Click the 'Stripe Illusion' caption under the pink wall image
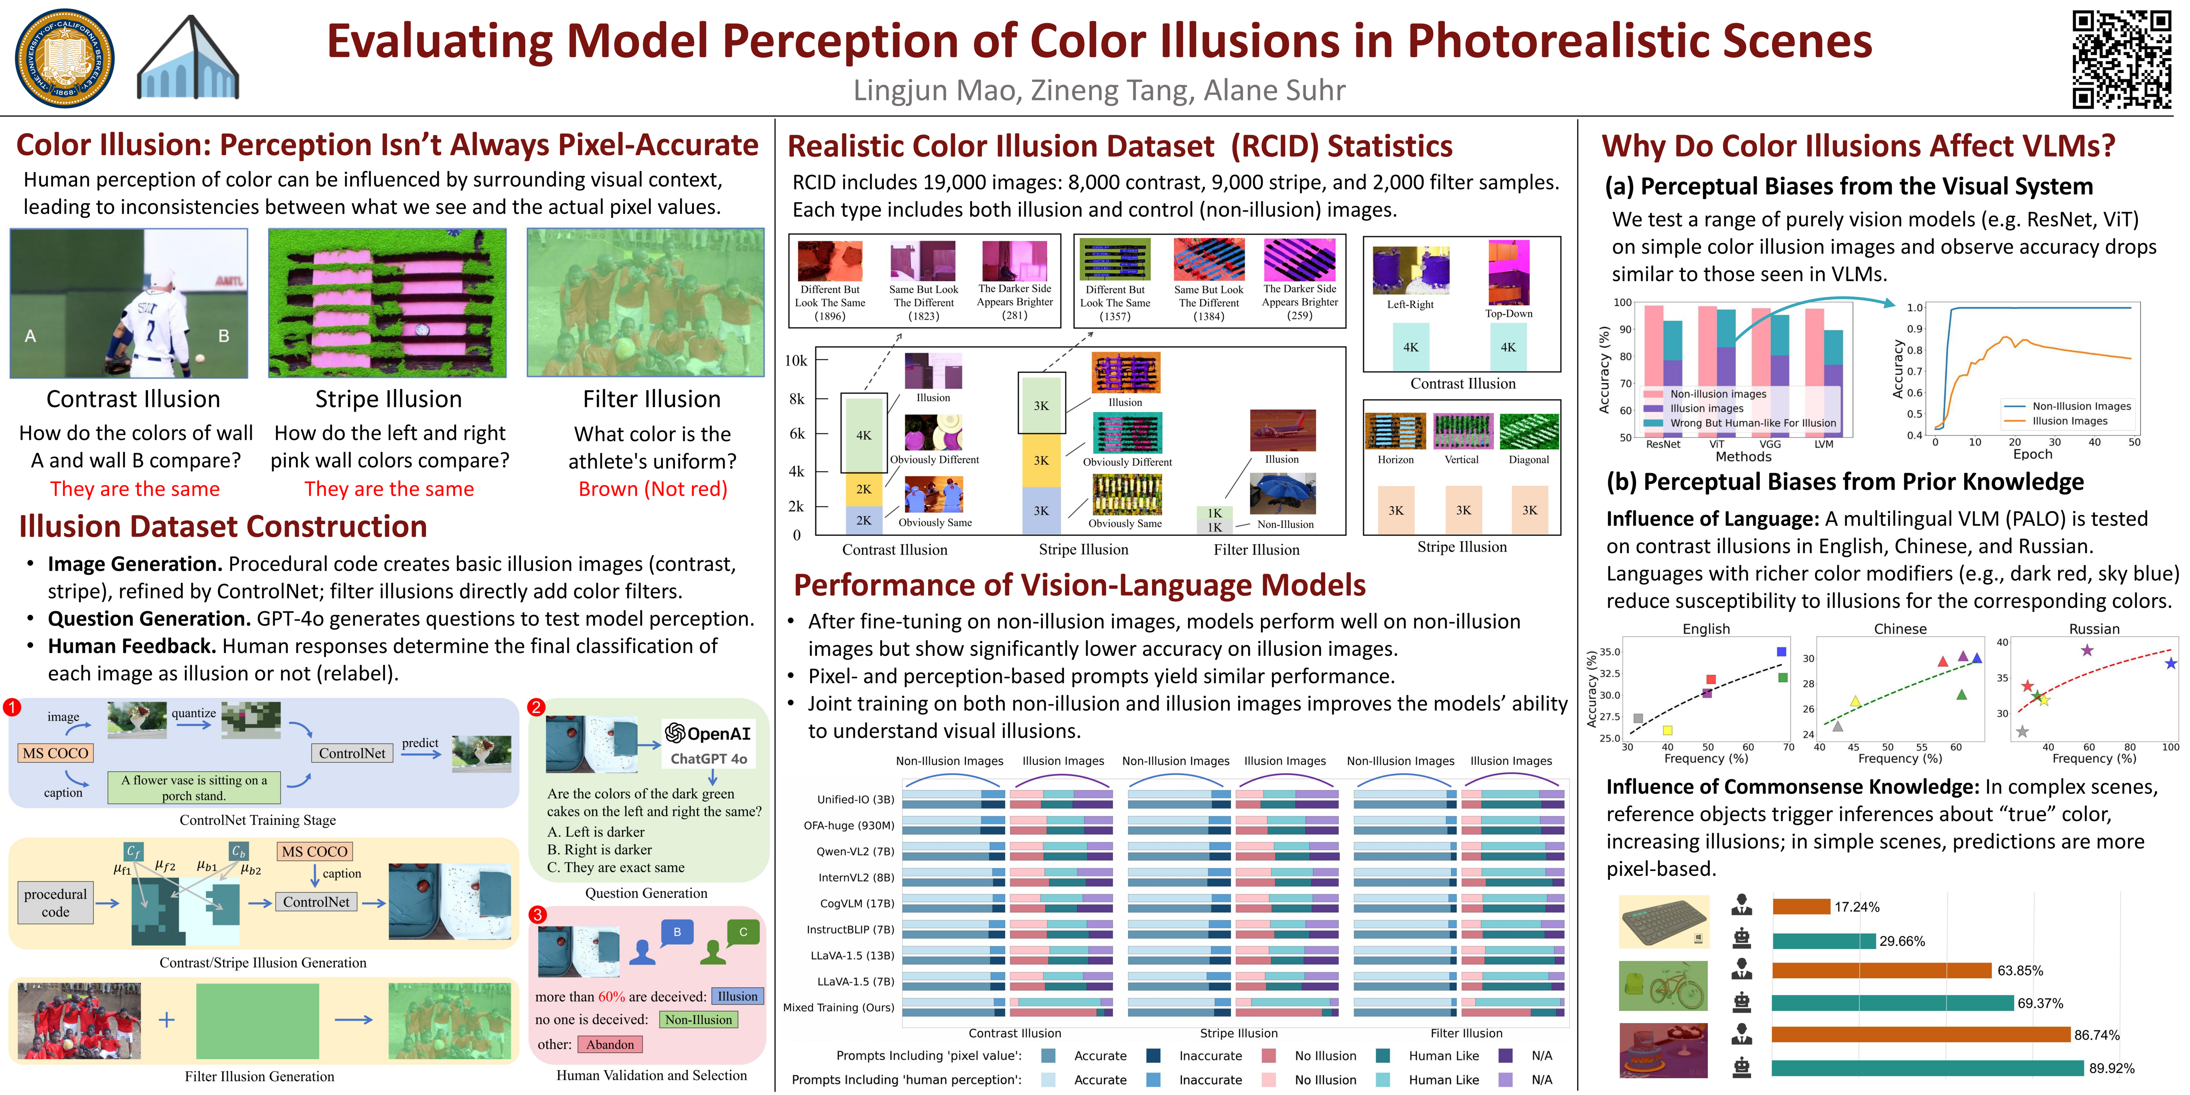(388, 399)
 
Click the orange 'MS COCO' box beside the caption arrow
(314, 851)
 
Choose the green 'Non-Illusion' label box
(698, 1019)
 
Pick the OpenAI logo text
(708, 733)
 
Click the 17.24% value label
(1857, 907)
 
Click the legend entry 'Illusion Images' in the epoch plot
(2069, 421)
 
